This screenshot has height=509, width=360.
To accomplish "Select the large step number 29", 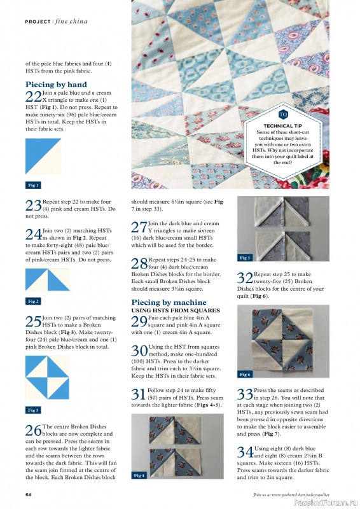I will click(139, 320).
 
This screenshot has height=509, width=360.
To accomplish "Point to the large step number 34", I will click(245, 452).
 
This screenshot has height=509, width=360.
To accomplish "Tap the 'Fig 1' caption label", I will click(33, 185).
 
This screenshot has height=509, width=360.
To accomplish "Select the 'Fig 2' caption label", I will click(33, 301).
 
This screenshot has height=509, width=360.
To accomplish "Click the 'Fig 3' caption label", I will click(33, 410).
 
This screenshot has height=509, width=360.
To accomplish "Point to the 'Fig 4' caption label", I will click(139, 475).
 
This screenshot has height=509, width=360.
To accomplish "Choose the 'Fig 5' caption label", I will click(245, 258).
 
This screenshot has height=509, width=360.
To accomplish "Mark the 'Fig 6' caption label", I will click(245, 375).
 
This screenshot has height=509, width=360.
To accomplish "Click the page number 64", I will click(29, 494).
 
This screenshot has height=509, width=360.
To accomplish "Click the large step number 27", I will click(139, 227).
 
